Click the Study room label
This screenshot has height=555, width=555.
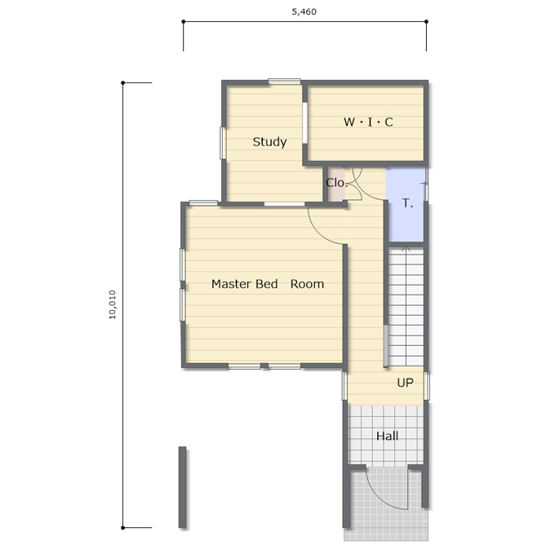click(269, 142)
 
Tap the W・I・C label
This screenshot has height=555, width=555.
click(368, 122)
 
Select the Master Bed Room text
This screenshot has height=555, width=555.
click(268, 284)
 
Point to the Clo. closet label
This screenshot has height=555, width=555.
click(336, 183)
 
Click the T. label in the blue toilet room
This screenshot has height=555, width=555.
click(408, 203)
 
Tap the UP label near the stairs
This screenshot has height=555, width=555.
click(406, 383)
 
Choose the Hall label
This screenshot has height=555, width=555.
click(387, 436)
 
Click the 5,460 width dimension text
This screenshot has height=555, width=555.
click(304, 11)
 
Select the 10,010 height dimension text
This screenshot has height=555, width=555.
click(112, 304)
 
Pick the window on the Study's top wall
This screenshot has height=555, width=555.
click(284, 82)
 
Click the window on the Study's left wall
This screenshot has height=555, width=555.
click(223, 143)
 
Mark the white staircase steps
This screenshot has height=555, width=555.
click(406, 307)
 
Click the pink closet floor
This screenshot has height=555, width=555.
click(336, 184)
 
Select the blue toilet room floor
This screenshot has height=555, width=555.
click(406, 205)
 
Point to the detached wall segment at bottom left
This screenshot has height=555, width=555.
click(182, 487)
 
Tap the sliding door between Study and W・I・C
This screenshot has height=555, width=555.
click(304, 122)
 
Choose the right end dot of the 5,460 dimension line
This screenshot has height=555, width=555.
click(426, 21)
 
